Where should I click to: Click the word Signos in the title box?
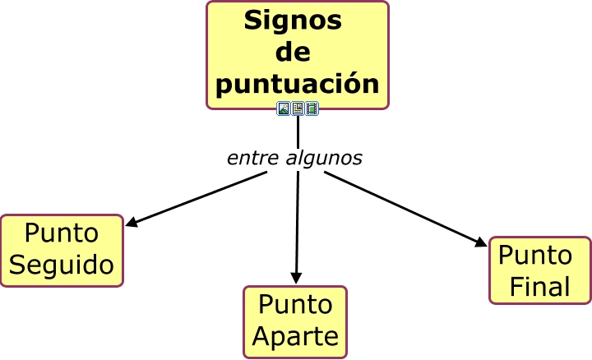(293, 21)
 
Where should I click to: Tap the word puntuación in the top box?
(298, 83)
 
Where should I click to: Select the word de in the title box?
(293, 53)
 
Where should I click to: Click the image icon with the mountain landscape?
(284, 108)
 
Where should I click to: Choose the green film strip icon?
(312, 108)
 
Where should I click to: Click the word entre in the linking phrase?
(252, 158)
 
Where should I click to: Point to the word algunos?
(323, 159)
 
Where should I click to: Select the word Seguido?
(62, 265)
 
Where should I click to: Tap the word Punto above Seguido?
(62, 233)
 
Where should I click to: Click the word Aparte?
(295, 335)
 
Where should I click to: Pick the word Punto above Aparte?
(295, 304)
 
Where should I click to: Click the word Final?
(540, 286)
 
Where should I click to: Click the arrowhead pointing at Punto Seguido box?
(131, 222)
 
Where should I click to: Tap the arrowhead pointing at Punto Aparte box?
(296, 279)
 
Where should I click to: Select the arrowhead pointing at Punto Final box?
(482, 242)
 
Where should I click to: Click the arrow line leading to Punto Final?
(403, 207)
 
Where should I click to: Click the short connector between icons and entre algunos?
(298, 131)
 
